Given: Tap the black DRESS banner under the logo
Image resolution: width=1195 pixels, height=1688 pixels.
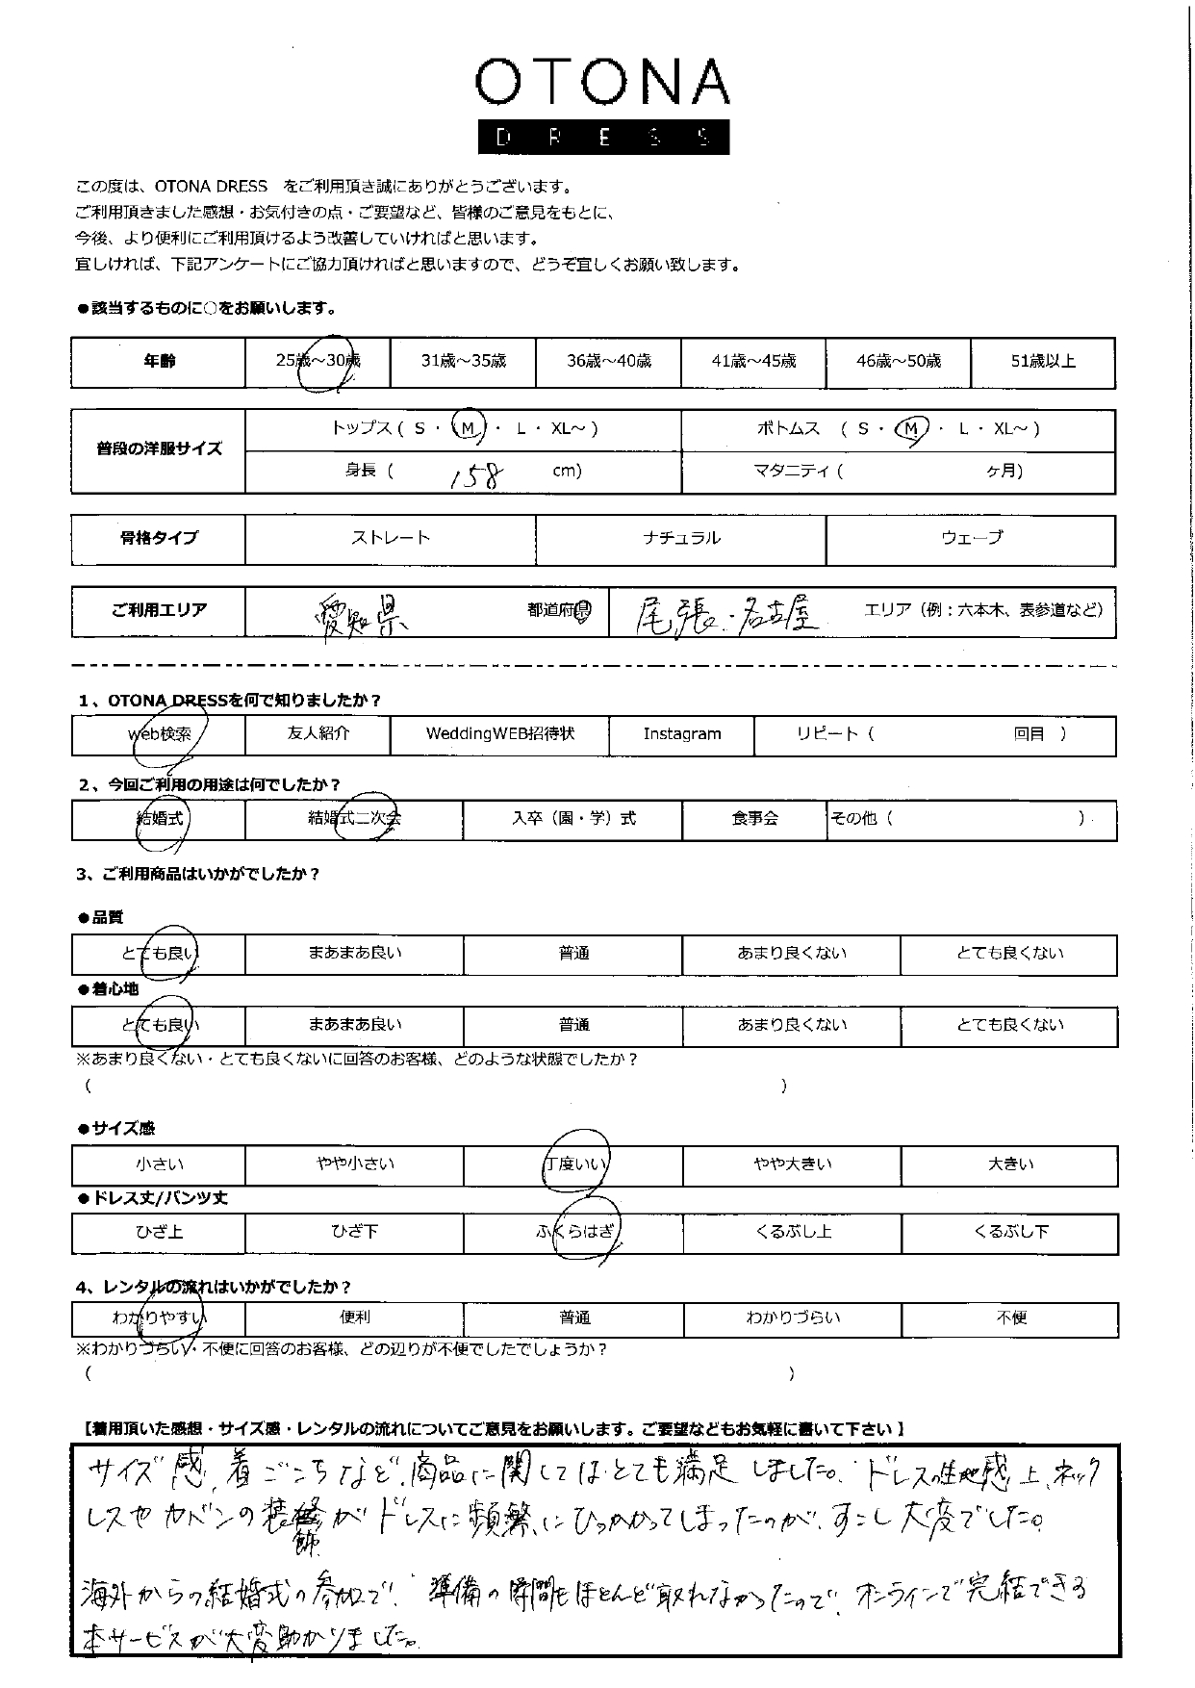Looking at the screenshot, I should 603,138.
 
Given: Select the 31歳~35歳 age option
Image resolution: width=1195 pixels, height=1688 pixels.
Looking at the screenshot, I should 463,362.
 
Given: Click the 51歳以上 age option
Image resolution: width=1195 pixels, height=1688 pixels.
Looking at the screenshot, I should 1043,362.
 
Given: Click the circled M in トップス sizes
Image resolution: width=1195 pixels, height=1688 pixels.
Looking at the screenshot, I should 469,429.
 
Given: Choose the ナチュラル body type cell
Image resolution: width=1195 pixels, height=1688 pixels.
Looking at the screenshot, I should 680,539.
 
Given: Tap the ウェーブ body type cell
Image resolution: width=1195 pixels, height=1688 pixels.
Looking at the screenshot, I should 971,539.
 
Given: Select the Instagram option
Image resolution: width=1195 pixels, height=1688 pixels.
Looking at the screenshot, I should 682,734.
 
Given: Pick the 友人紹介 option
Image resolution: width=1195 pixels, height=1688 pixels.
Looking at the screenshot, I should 318,734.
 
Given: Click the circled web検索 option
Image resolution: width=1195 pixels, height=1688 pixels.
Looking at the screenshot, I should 160,735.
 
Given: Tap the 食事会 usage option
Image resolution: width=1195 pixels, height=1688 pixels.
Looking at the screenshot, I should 754,819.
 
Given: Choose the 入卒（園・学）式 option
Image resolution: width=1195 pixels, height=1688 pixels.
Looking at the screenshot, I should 573,819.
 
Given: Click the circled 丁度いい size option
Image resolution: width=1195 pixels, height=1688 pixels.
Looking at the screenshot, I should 574,1164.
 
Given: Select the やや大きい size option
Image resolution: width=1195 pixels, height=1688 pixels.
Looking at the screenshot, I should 792,1164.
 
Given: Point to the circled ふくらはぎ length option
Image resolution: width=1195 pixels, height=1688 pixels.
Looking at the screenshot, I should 574,1232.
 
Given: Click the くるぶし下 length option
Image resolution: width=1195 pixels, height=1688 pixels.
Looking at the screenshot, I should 1010,1232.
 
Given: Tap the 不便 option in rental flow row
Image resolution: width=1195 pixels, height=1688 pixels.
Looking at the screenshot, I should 1010,1317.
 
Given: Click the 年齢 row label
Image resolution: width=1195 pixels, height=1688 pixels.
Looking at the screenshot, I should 159,362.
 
